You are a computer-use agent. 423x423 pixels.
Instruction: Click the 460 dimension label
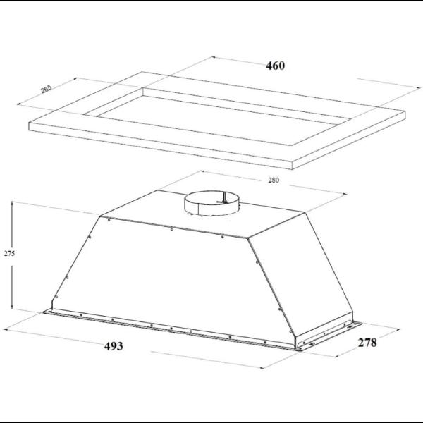pyautogui.click(x=275, y=66)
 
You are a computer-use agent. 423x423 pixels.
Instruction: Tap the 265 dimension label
pyautogui.click(x=47, y=89)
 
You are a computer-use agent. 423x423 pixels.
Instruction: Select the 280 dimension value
pyautogui.click(x=274, y=180)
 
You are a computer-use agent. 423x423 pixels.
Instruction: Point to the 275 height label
pyautogui.click(x=9, y=253)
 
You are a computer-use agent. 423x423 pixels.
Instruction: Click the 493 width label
pyautogui.click(x=114, y=346)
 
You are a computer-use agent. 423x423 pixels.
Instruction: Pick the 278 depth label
pyautogui.click(x=367, y=343)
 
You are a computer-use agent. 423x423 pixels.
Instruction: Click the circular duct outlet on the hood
pyautogui.click(x=211, y=203)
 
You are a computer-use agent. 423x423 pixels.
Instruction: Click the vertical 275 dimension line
pyautogui.click(x=12, y=255)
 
